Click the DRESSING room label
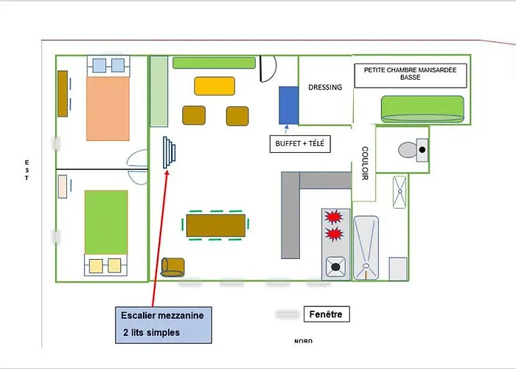[325, 87]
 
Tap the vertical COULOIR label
[365, 163]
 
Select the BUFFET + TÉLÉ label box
[300, 144]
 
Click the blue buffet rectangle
[289, 106]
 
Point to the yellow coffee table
[215, 86]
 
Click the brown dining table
[216, 225]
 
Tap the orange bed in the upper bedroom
[108, 108]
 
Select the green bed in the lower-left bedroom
[106, 222]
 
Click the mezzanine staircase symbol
[169, 153]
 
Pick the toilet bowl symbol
[408, 150]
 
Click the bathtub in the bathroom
[366, 248]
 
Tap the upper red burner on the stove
[334, 217]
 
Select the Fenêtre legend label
[326, 314]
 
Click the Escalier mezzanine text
[162, 315]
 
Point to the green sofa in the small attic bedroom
[422, 109]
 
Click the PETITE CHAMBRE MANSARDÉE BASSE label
[410, 74]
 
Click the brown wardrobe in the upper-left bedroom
[63, 94]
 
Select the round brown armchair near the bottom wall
[172, 267]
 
